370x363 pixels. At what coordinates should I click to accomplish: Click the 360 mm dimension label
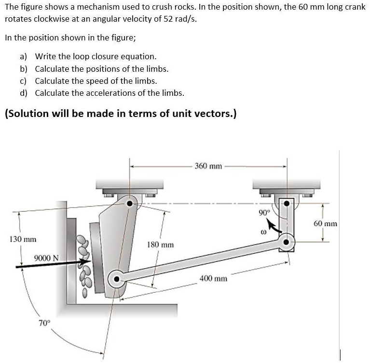pyautogui.click(x=208, y=167)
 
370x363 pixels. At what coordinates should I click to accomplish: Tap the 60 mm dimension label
pyautogui.click(x=326, y=224)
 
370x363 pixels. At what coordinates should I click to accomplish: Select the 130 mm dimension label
pyautogui.click(x=22, y=239)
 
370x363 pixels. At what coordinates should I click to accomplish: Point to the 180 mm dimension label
pyautogui.click(x=160, y=245)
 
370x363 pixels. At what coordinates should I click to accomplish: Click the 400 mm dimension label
pyautogui.click(x=213, y=278)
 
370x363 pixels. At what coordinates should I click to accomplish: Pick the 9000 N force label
pyautogui.click(x=46, y=257)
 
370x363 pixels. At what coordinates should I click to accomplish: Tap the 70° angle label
pyautogui.click(x=44, y=323)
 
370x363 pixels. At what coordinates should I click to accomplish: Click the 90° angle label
pyautogui.click(x=263, y=212)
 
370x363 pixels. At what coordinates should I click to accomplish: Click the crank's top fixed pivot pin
pyautogui.click(x=286, y=204)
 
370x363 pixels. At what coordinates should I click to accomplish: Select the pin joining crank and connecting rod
pyautogui.click(x=286, y=242)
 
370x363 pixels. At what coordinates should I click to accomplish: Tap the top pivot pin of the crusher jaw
pyautogui.click(x=129, y=203)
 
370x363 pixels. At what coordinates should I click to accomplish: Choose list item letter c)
pyautogui.click(x=24, y=81)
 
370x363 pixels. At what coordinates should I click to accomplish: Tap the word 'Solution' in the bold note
pyautogui.click(x=28, y=114)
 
